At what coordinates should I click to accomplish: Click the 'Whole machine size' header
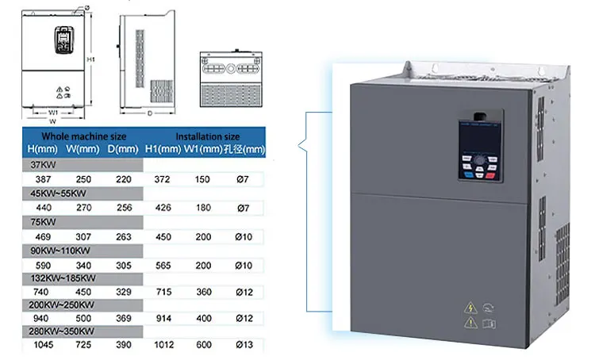coord(84,136)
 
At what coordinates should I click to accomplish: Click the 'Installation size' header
coord(207,136)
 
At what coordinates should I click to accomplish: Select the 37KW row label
coord(43,165)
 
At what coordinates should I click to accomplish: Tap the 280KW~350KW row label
coord(60,331)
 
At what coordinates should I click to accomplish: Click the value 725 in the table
coord(82,346)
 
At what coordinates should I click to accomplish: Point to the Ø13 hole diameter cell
coord(244,346)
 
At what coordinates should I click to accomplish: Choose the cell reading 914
coord(163,318)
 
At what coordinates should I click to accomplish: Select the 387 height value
coord(43,179)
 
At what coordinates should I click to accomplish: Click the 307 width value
coord(82,235)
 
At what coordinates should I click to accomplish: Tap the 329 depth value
coord(123,290)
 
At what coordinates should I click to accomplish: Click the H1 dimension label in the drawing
coord(91,59)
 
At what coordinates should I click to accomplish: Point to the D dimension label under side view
coord(150,114)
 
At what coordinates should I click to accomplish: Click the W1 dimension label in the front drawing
coord(53,113)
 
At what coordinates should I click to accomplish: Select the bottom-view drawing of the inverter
coord(230,79)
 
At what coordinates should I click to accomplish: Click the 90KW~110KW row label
coord(58,249)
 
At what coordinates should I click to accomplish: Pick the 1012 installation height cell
coord(163,346)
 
